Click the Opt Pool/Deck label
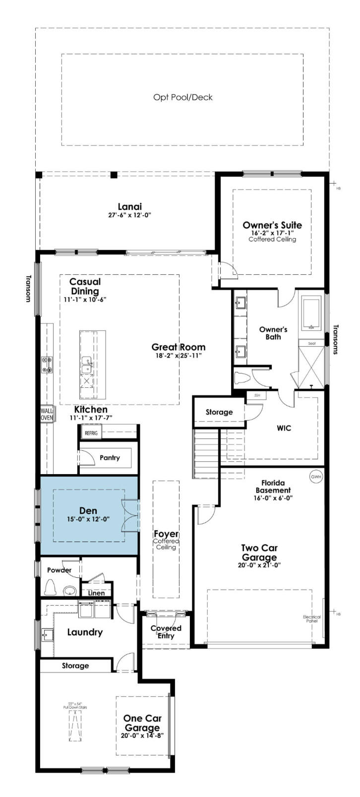tap(182, 97)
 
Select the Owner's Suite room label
tap(272, 225)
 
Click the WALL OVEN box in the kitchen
tap(47, 415)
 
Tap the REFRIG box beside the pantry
tap(92, 433)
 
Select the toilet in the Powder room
tap(50, 588)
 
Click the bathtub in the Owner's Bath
tap(312, 313)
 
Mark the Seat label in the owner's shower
tap(312, 343)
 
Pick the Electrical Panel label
tap(312, 619)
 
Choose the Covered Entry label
tap(166, 632)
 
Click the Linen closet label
tap(96, 593)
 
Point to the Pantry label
tap(110, 458)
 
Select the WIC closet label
tap(284, 428)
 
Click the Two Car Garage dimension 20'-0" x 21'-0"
tap(259, 565)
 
